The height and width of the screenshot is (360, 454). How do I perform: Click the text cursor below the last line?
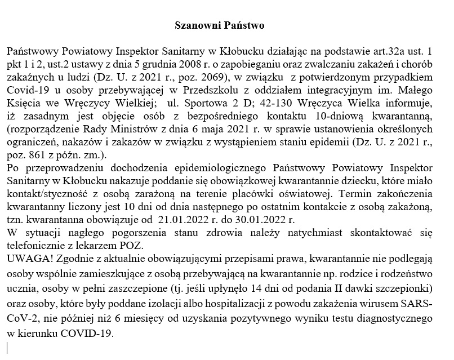tap(7, 347)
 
